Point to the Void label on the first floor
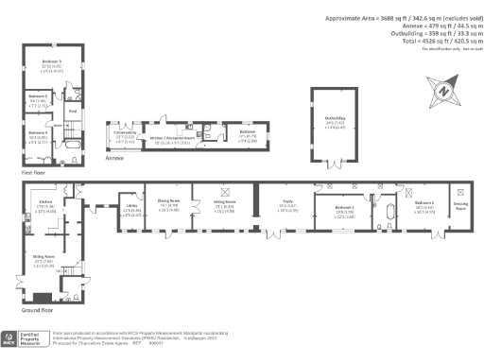(x=72, y=109)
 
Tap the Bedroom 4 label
(x=38, y=132)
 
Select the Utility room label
(x=132, y=201)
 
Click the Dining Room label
(x=168, y=200)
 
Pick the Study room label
(x=286, y=200)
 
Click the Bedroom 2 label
(x=345, y=206)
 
